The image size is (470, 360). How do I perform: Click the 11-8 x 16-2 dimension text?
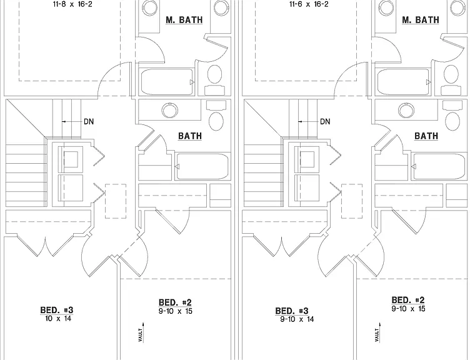(72, 4)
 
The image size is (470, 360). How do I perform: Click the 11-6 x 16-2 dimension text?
(309, 4)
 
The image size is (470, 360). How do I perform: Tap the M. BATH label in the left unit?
(184, 20)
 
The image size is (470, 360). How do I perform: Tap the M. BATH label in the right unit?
(421, 20)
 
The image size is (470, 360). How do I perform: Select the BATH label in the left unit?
(190, 136)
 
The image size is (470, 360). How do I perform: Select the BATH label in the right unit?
(426, 136)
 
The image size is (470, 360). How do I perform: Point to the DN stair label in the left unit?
(89, 121)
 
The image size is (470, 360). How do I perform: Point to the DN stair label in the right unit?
(325, 121)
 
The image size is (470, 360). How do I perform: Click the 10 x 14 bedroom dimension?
(58, 318)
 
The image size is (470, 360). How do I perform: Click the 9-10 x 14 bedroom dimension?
(297, 319)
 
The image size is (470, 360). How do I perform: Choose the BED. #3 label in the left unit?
(57, 310)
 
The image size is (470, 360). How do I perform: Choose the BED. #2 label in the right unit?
(408, 300)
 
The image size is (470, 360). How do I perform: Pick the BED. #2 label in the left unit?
(175, 302)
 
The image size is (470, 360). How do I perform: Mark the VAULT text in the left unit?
(140, 334)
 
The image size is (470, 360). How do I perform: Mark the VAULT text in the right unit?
(377, 334)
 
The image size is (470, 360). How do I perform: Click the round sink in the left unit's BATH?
(169, 110)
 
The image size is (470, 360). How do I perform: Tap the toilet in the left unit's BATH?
(216, 116)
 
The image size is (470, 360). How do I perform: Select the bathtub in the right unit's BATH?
(439, 167)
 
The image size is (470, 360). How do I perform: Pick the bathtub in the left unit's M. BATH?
(167, 82)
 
